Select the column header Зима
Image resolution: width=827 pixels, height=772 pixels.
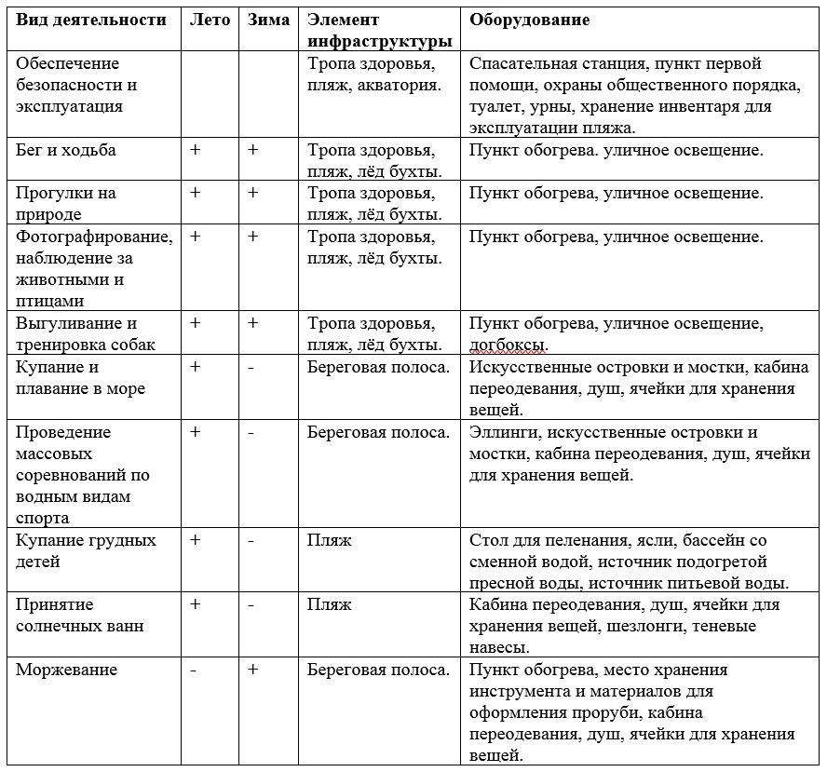click(x=269, y=20)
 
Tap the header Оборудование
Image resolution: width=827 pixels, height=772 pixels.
click(x=529, y=20)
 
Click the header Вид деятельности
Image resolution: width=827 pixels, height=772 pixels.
click(x=91, y=20)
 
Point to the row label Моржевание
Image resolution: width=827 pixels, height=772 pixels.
click(x=67, y=670)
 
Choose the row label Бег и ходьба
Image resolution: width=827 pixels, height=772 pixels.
click(x=66, y=150)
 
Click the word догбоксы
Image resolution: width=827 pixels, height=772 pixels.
click(x=508, y=345)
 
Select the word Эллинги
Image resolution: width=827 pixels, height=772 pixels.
click(x=504, y=432)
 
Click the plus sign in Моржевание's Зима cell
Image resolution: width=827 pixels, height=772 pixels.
click(x=253, y=670)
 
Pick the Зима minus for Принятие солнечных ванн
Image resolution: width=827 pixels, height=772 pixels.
click(x=251, y=605)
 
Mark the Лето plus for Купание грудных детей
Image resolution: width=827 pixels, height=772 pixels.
click(x=196, y=540)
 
